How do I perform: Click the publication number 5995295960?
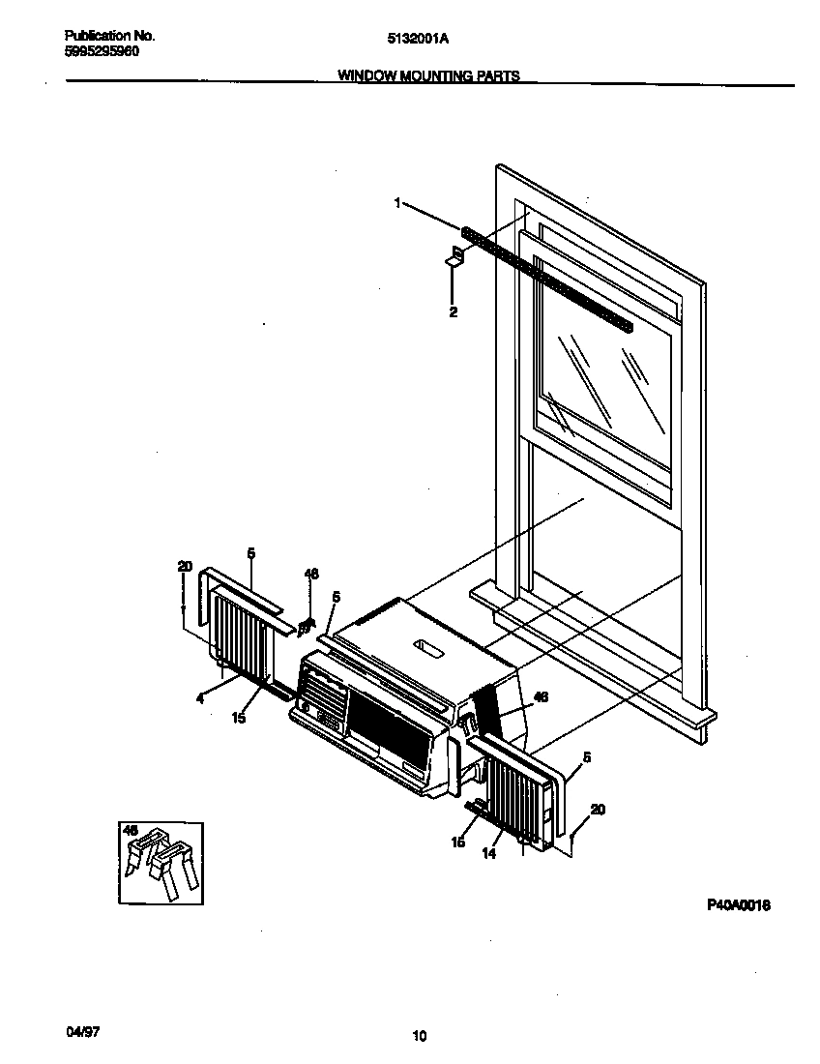pyautogui.click(x=95, y=51)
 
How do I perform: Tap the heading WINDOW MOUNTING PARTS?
pyautogui.click(x=428, y=74)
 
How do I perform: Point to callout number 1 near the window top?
pyautogui.click(x=396, y=202)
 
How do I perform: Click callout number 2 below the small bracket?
pyautogui.click(x=453, y=311)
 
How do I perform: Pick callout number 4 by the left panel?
pyautogui.click(x=200, y=697)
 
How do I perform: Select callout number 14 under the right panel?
pyautogui.click(x=489, y=853)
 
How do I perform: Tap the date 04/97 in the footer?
pyautogui.click(x=83, y=1031)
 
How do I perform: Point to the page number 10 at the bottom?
pyautogui.click(x=419, y=1036)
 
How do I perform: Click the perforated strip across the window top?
pyautogui.click(x=547, y=280)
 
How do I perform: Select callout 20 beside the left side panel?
pyautogui.click(x=185, y=567)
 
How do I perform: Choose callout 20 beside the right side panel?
pyautogui.click(x=598, y=810)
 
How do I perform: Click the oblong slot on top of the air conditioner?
pyautogui.click(x=425, y=649)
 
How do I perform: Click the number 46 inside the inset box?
pyautogui.click(x=132, y=829)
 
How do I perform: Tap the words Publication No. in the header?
pyautogui.click(x=102, y=35)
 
